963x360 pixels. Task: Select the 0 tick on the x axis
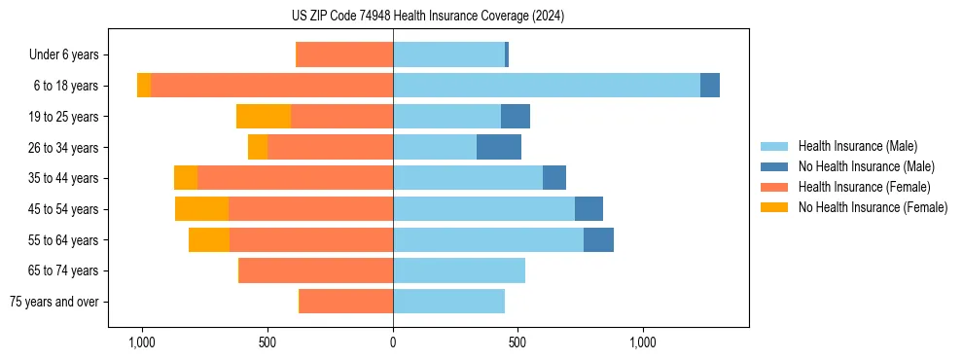tap(393, 342)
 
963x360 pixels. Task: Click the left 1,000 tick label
tap(142, 342)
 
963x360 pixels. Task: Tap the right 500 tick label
tap(517, 342)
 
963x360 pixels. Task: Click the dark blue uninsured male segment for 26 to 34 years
tap(499, 147)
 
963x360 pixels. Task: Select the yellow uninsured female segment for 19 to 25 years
tap(264, 117)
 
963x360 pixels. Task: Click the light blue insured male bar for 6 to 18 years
tap(547, 86)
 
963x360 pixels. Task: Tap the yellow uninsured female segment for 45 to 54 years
tap(201, 209)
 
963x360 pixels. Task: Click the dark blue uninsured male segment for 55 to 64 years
tap(598, 240)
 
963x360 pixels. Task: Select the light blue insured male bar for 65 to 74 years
tap(459, 270)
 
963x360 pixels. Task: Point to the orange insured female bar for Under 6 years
tap(344, 55)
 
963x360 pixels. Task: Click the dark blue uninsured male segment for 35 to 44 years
tap(554, 178)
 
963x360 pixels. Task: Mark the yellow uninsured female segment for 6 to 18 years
tap(144, 86)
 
